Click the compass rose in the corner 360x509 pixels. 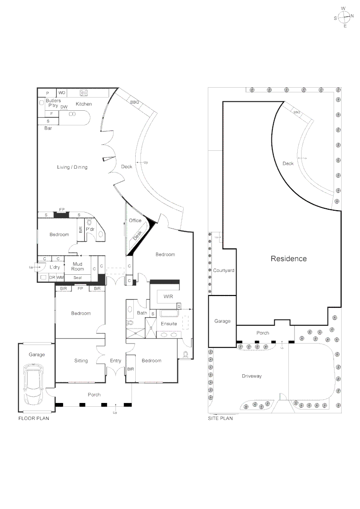pyautogui.click(x=344, y=16)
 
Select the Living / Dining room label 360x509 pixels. pyautogui.click(x=72, y=167)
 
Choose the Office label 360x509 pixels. pyautogui.click(x=135, y=221)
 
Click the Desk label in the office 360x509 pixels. pyautogui.click(x=137, y=235)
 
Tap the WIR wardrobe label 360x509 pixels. pyautogui.click(x=168, y=296)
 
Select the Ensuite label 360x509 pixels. pyautogui.click(x=169, y=324)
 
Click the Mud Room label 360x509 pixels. pyautogui.click(x=78, y=267)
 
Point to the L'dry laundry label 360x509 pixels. pyautogui.click(x=55, y=267)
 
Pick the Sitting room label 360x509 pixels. pyautogui.click(x=81, y=361)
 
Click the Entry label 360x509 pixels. pyautogui.click(x=115, y=361)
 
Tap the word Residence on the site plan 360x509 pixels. pyautogui.click(x=288, y=259)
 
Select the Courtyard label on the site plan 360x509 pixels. pyautogui.click(x=223, y=271)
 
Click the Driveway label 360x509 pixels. pyautogui.click(x=252, y=376)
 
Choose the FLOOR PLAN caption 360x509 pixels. pyautogui.click(x=33, y=418)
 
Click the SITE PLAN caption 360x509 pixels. pyautogui.click(x=221, y=418)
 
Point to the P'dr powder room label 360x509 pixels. pyautogui.click(x=90, y=229)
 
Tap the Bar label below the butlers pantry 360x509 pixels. pyautogui.click(x=48, y=128)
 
